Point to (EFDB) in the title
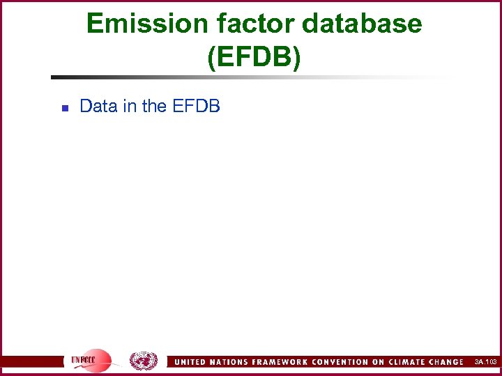pos(254,58)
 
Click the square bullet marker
pos(63,108)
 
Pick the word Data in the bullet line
pos(97,107)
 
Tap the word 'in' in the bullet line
pos(128,107)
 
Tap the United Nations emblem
pos(144,361)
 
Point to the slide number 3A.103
pos(485,362)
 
